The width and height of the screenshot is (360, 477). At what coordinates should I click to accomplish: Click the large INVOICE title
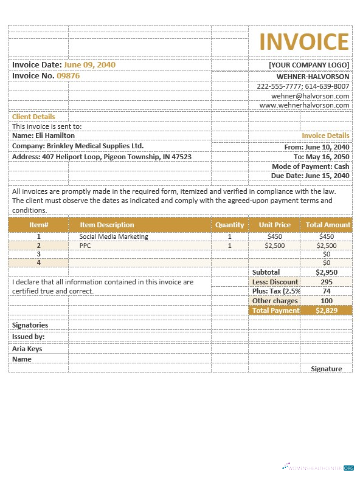(x=304, y=42)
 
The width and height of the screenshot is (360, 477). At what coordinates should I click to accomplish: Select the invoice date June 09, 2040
(x=89, y=64)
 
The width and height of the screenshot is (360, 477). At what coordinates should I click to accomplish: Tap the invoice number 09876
(x=68, y=76)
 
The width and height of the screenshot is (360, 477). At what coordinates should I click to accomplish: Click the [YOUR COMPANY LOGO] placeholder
(x=309, y=65)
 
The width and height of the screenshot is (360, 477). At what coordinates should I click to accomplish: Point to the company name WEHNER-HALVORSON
(x=313, y=77)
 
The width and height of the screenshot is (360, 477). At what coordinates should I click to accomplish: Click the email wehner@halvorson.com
(x=310, y=96)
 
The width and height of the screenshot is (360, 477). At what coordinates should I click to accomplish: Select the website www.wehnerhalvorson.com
(x=304, y=105)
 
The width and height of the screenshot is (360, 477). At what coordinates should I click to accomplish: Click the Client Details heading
(x=33, y=117)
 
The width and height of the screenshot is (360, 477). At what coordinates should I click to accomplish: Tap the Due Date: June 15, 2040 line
(x=310, y=176)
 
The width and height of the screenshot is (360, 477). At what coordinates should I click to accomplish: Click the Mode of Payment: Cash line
(x=310, y=166)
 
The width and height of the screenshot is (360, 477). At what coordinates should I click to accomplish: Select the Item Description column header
(x=107, y=225)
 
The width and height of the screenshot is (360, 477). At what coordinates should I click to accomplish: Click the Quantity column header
(x=229, y=225)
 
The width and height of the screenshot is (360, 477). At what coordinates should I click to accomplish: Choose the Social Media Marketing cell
(x=114, y=236)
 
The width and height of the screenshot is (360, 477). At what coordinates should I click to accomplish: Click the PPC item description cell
(x=85, y=245)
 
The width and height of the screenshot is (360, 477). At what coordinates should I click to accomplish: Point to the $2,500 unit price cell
(x=275, y=245)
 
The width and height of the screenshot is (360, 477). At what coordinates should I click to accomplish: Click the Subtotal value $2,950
(x=327, y=272)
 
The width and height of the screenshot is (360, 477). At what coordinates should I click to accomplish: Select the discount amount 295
(x=327, y=282)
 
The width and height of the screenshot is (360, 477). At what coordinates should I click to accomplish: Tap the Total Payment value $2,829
(x=327, y=311)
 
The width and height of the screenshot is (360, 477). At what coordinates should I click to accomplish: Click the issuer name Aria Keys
(x=27, y=349)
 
